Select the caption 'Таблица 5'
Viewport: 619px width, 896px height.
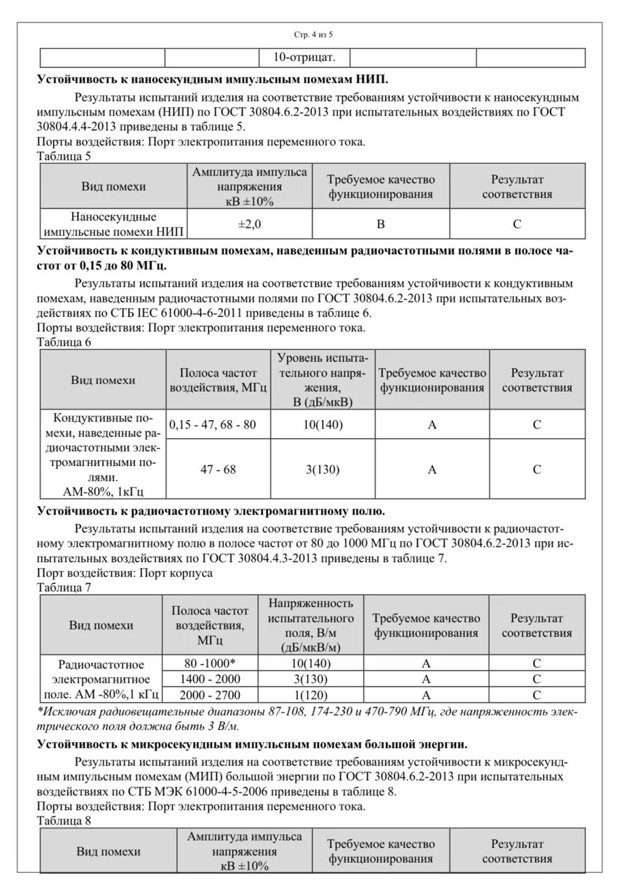click(x=64, y=156)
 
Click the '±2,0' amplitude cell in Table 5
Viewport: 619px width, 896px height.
click(x=250, y=224)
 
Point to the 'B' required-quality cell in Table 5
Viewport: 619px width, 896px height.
click(x=380, y=224)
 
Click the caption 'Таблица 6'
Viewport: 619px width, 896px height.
click(x=64, y=342)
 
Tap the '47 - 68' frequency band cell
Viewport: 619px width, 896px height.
click(x=218, y=470)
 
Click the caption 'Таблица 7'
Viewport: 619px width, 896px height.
click(x=64, y=587)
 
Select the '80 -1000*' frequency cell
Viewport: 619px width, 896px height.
click(x=209, y=663)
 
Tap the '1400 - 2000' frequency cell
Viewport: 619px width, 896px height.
click(x=209, y=679)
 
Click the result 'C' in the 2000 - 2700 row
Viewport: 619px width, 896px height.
click(x=536, y=695)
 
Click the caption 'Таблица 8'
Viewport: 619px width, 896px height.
click(x=64, y=821)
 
